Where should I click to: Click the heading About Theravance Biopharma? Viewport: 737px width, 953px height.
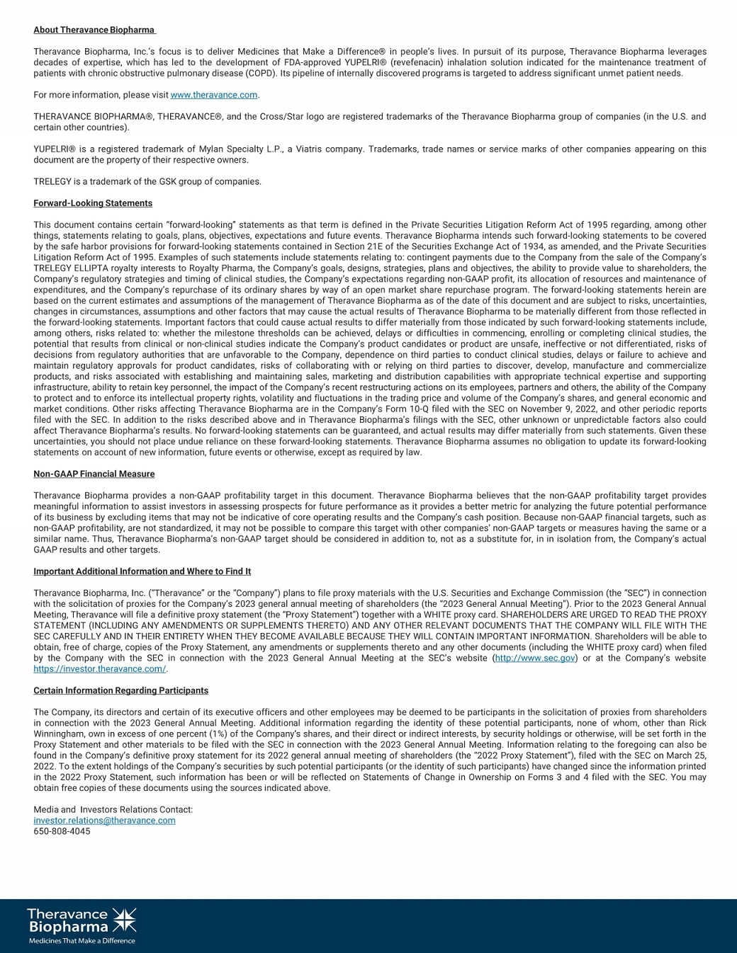[x=94, y=30]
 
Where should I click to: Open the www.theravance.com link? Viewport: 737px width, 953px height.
[x=213, y=95]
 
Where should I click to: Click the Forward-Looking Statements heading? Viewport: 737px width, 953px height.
[x=93, y=203]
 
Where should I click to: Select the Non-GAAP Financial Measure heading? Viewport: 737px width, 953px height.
[x=94, y=474]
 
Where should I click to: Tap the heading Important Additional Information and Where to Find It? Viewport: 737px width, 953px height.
[x=142, y=571]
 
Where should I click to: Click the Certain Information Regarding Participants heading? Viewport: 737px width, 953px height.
[x=120, y=690]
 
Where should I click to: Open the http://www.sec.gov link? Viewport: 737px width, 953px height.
[x=535, y=658]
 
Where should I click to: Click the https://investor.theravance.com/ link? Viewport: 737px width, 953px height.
[x=99, y=669]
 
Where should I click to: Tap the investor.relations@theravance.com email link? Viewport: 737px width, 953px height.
[x=104, y=821]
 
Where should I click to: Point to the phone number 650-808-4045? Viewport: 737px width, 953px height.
[x=62, y=831]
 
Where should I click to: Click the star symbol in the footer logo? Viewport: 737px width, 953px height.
[x=124, y=920]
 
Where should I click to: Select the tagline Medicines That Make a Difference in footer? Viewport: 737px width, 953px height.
[x=81, y=941]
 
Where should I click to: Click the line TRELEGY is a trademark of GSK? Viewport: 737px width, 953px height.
[x=147, y=182]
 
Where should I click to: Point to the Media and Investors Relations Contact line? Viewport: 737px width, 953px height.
[x=113, y=810]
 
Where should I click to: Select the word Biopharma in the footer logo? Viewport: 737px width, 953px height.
[x=68, y=927]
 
